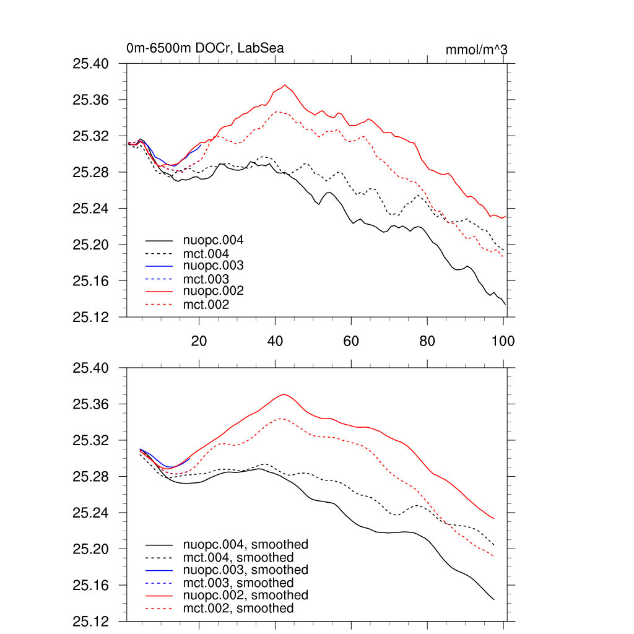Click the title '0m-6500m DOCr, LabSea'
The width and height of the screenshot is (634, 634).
coord(205,48)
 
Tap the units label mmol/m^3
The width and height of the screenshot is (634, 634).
coord(477,50)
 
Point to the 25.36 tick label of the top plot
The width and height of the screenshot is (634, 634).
coord(91,100)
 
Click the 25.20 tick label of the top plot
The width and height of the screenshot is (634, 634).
coord(91,245)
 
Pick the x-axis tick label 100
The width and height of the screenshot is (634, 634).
coord(503,341)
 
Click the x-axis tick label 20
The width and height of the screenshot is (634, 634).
coord(199,341)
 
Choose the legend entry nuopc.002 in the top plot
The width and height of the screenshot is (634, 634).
coord(213,291)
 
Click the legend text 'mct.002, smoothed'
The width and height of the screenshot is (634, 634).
coord(238,609)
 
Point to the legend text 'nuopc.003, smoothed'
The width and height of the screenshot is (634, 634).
coord(245,570)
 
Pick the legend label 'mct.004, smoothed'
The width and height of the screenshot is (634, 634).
coord(238,557)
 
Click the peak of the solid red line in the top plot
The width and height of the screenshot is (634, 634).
coord(285,85)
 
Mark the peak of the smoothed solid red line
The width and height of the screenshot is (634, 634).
coord(284,394)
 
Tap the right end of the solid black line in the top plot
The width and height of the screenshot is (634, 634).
coord(505,304)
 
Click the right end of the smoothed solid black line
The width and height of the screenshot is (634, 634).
coord(493,599)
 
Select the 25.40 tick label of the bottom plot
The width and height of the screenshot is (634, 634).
coord(91,368)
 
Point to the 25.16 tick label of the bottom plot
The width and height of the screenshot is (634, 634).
coord(91,585)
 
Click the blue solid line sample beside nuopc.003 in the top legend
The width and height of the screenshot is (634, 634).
coord(158,266)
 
